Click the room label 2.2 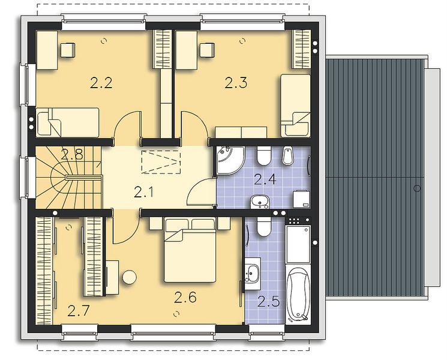click(x=101, y=83)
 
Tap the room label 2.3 click(x=236, y=83)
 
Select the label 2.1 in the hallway click(x=144, y=192)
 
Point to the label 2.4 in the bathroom click(x=265, y=179)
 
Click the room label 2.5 click(x=268, y=302)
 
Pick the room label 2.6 click(x=185, y=298)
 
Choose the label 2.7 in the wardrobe click(x=79, y=311)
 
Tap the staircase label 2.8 click(x=72, y=155)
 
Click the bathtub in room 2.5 click(x=298, y=295)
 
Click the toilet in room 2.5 click(x=263, y=227)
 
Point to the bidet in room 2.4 click(x=287, y=155)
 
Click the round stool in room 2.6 click(x=129, y=277)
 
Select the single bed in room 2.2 click(x=68, y=122)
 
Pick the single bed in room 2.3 click(x=295, y=106)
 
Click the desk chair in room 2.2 click(x=68, y=50)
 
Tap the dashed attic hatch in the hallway click(x=161, y=161)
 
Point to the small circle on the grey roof click(x=417, y=188)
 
